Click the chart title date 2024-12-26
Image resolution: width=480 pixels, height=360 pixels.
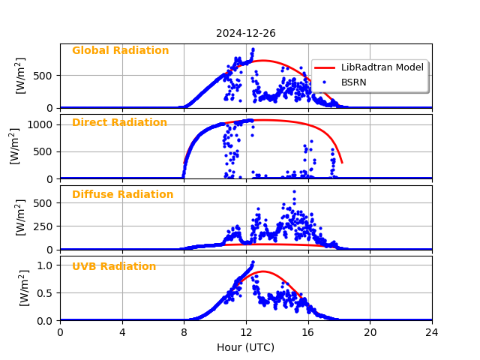click(246, 33)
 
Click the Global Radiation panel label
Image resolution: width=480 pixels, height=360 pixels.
click(120, 51)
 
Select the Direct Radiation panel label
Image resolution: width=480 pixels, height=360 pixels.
click(119, 123)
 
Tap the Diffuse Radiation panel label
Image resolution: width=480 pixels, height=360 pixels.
click(122, 195)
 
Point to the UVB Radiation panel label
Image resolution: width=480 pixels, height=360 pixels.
click(114, 267)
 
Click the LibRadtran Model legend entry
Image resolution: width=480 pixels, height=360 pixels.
click(382, 67)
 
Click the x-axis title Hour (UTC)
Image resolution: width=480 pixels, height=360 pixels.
click(245, 348)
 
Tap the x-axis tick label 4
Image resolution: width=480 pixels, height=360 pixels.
click(122, 332)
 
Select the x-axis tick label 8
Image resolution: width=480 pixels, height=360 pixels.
click(184, 332)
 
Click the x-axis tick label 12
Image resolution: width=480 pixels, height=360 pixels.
click(246, 332)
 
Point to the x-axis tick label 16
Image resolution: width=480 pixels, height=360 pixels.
click(307, 332)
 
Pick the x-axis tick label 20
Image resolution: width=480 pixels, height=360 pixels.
click(370, 332)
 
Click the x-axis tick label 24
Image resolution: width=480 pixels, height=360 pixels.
click(431, 332)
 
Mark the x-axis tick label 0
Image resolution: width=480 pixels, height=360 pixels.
click(60, 332)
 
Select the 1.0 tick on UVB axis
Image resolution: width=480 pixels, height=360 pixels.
click(46, 265)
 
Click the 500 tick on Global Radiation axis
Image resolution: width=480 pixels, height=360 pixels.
click(43, 76)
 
